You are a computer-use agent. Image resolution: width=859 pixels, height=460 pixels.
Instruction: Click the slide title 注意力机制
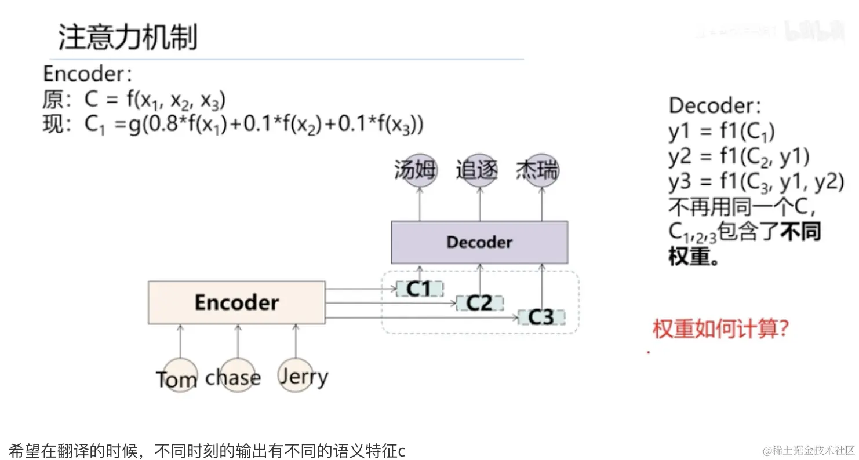(128, 38)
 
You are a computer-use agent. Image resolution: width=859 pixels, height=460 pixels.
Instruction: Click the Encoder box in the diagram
(236, 302)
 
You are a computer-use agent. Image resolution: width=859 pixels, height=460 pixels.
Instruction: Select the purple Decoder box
(479, 242)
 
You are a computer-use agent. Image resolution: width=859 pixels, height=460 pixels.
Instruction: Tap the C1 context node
(419, 289)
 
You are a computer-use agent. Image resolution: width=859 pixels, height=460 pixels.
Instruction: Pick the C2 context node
(479, 303)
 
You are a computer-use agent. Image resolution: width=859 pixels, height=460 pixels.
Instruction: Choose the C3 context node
(541, 317)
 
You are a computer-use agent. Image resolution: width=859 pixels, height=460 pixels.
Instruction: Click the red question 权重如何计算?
(720, 330)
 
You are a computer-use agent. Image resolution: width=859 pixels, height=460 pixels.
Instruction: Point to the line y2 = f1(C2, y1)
(738, 157)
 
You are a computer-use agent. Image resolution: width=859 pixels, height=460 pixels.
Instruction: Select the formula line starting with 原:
(134, 100)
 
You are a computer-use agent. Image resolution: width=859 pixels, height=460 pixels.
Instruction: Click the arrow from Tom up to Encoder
(180, 342)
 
